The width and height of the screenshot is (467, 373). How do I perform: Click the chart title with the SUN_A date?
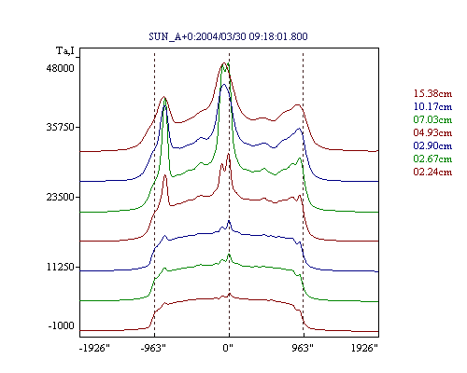(x=228, y=36)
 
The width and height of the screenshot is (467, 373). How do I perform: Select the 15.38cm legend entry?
(x=432, y=93)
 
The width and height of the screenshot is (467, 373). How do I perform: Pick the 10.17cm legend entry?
(x=432, y=106)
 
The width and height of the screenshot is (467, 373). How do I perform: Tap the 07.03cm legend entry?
(x=432, y=119)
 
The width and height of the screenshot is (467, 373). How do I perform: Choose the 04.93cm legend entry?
(x=432, y=132)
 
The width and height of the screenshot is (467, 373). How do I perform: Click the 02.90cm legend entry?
(x=432, y=145)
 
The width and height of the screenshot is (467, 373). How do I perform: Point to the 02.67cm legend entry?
(x=432, y=159)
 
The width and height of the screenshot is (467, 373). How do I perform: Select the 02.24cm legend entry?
(x=432, y=172)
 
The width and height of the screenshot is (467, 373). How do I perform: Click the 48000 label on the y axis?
(x=61, y=68)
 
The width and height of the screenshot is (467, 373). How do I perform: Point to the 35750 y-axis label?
(x=61, y=127)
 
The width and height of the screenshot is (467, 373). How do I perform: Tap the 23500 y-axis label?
(x=61, y=197)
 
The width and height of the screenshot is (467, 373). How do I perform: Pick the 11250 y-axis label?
(x=61, y=267)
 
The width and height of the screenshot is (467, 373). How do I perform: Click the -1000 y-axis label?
(x=62, y=325)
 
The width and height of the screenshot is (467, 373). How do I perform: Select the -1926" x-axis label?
(x=94, y=348)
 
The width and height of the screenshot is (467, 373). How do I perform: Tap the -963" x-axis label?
(x=153, y=348)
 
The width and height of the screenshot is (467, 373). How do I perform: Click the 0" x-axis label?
(x=228, y=348)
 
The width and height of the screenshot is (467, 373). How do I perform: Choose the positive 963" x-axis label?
(x=303, y=348)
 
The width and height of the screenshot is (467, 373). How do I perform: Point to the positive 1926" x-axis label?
(x=364, y=348)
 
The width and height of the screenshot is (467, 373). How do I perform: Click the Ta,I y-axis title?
(x=65, y=50)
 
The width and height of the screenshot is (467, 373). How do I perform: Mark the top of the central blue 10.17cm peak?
(x=223, y=84)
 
